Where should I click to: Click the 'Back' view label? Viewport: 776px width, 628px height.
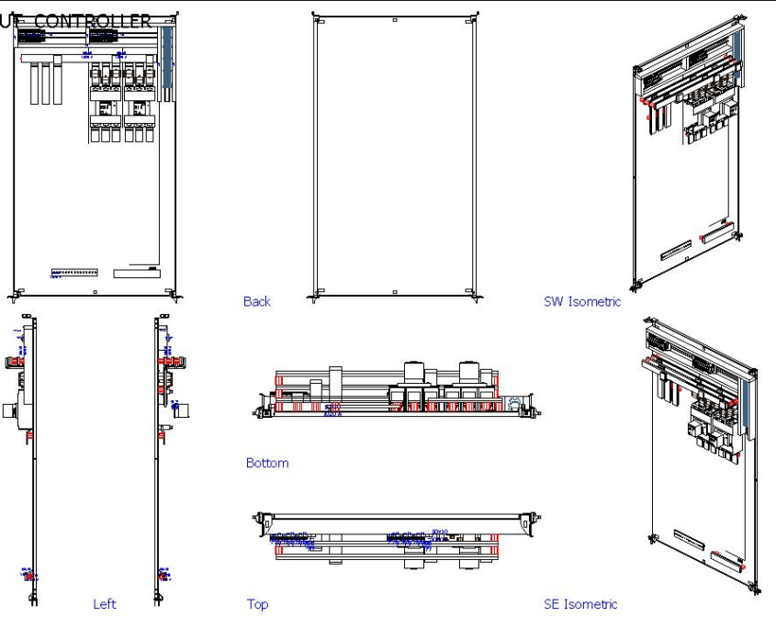[x=257, y=301]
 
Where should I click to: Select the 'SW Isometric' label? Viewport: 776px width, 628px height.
[x=582, y=301]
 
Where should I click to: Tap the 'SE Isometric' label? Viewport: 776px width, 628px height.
[x=580, y=604]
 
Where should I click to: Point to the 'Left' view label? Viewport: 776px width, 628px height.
[x=105, y=604]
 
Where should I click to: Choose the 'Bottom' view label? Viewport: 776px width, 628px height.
[x=267, y=463]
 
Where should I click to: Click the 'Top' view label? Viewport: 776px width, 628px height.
[x=257, y=604]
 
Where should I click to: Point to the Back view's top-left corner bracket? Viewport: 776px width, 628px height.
[x=316, y=17]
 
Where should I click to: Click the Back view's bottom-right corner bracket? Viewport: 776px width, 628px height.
[x=472, y=293]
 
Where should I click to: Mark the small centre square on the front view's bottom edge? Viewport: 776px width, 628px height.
[x=96, y=292]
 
